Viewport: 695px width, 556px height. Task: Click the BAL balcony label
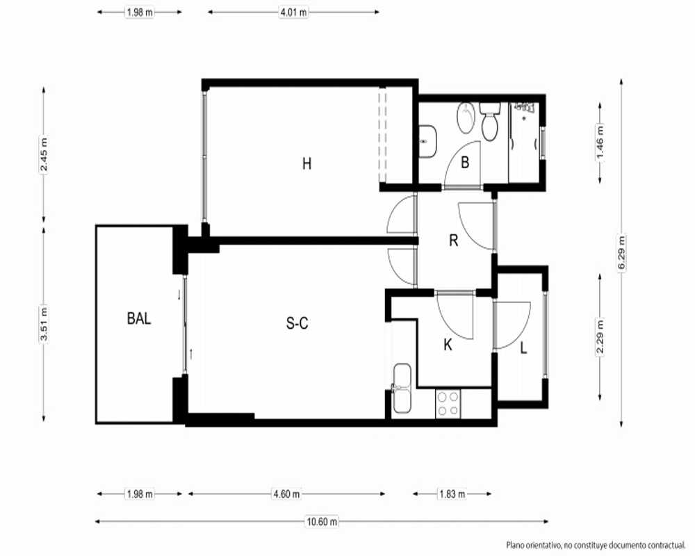pos(139,318)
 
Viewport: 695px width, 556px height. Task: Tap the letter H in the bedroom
pos(306,163)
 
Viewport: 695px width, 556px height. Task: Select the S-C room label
pos(297,324)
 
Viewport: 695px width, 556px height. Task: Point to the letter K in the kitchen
pos(448,345)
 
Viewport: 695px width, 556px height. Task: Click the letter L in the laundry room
pos(523,348)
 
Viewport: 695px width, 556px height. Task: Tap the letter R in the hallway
pos(453,240)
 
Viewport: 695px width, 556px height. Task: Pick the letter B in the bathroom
pos(465,163)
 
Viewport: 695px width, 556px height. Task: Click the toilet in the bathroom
pos(490,121)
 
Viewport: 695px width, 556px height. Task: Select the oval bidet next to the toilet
pos(466,118)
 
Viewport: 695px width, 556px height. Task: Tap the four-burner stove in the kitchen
pos(448,404)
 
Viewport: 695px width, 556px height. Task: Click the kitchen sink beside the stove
pos(402,389)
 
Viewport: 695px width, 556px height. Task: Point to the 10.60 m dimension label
pos(322,522)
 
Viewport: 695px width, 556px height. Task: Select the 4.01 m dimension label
pos(293,13)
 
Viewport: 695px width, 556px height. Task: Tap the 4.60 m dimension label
pos(286,494)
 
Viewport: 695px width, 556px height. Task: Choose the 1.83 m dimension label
pos(452,494)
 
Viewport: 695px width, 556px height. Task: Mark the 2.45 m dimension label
pos(43,155)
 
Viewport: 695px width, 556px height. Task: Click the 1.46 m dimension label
pos(600,142)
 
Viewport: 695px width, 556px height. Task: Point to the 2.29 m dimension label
pos(600,337)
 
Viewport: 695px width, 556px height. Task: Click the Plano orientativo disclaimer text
pos(596,544)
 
